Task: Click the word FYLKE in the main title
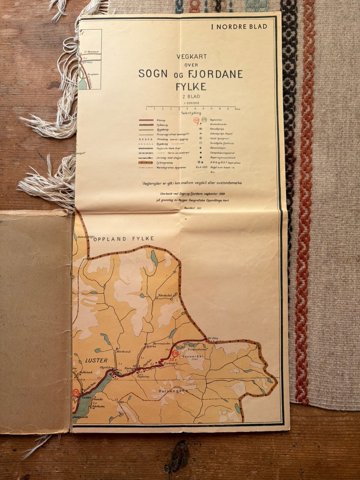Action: click(191, 87)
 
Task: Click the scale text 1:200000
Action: click(191, 103)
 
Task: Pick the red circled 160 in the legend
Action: click(196, 120)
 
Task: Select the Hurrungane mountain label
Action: click(173, 391)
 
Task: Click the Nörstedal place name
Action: click(165, 295)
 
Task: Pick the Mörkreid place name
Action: click(124, 351)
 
